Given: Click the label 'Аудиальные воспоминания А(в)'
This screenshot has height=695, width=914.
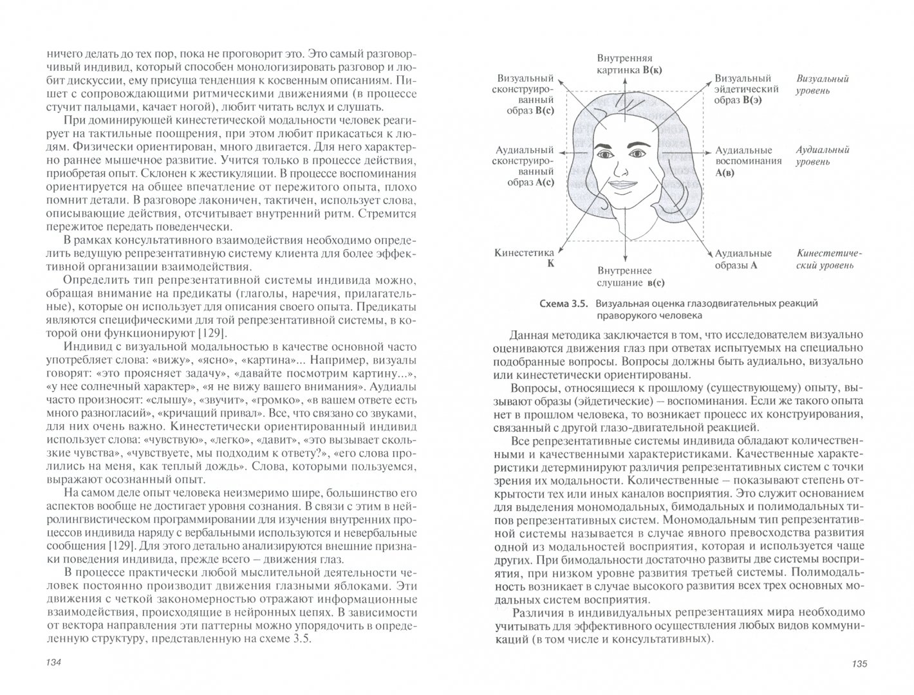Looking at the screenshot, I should (748, 161).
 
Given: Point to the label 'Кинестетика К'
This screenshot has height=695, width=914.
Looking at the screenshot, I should (524, 259).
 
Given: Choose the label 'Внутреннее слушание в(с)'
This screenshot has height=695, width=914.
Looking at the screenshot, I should (624, 277).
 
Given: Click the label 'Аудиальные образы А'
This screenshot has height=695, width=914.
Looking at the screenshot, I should (743, 259).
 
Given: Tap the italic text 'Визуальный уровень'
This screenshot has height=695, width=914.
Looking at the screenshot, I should (823, 84).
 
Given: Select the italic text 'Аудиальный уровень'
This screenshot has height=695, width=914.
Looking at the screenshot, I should (823, 156).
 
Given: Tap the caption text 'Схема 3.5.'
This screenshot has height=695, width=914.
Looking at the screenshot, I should (563, 304).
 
